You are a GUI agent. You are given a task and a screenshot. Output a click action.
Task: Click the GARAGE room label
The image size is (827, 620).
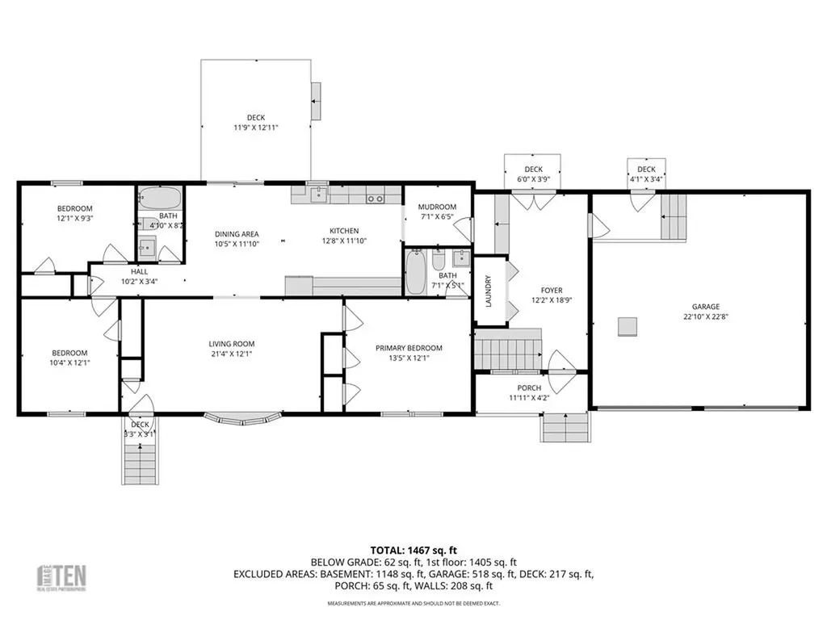pyautogui.click(x=705, y=307)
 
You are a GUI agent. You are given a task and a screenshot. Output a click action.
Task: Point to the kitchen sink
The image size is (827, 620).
pyautogui.click(x=317, y=194)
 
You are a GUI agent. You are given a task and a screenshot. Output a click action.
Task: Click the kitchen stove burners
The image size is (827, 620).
pyautogui.click(x=374, y=198)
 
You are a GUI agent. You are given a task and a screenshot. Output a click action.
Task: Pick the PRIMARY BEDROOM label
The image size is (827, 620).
pyautogui.click(x=409, y=348)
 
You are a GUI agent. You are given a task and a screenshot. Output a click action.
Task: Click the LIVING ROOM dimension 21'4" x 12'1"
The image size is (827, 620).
pyautogui.click(x=231, y=354)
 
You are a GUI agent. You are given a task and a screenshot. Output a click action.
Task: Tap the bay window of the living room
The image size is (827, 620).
pyautogui.click(x=243, y=419)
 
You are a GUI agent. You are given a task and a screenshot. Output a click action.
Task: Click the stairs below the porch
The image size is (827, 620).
pyautogui.click(x=565, y=427)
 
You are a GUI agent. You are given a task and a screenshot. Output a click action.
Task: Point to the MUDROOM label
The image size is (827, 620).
pyautogui.click(x=437, y=207)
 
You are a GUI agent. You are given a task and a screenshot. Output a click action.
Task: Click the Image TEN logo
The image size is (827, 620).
pyautogui.click(x=64, y=576)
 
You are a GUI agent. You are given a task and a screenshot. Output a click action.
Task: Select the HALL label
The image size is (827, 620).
pyautogui.click(x=139, y=272)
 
